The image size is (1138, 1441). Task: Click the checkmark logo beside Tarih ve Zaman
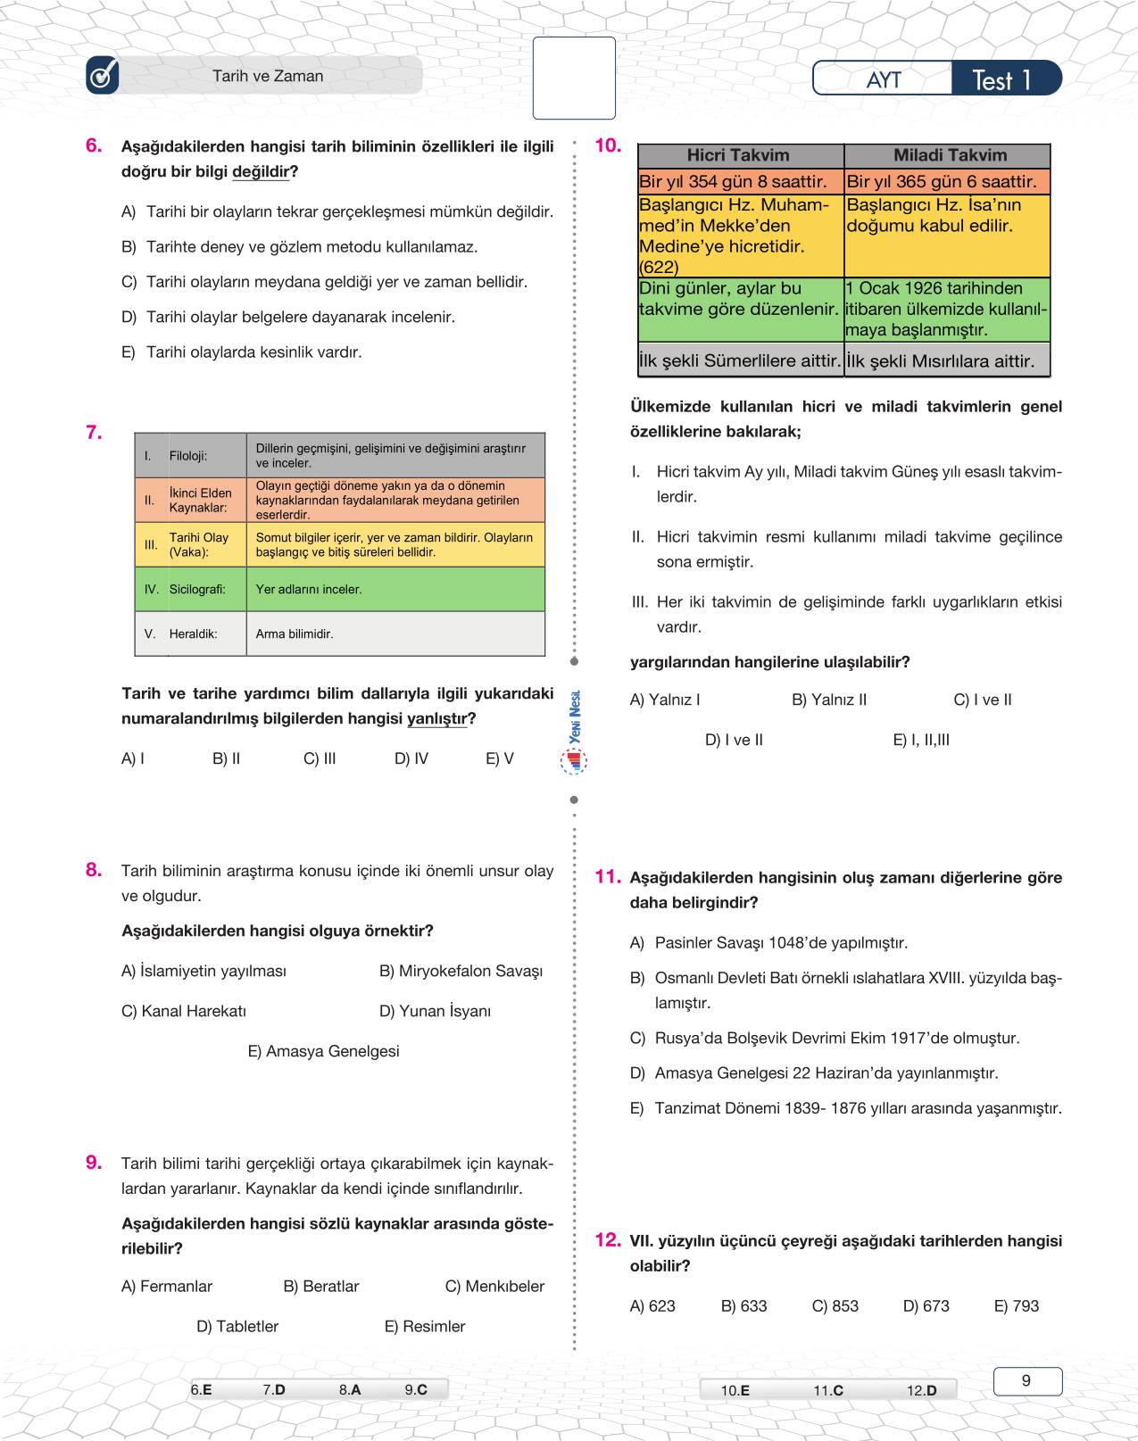pyautogui.click(x=103, y=76)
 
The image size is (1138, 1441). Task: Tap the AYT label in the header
pyautogui.click(x=883, y=79)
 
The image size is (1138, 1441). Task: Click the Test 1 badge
pyautogui.click(x=1002, y=79)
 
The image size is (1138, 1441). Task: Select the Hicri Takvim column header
pyautogui.click(x=738, y=155)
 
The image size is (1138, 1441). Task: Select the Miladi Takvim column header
pyautogui.click(x=950, y=155)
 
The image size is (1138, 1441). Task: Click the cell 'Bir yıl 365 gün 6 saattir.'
pyautogui.click(x=943, y=182)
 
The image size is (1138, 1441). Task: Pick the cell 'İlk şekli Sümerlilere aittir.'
pyautogui.click(x=740, y=361)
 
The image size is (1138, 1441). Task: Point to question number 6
pyautogui.click(x=94, y=145)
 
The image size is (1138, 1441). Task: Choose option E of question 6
pyautogui.click(x=241, y=352)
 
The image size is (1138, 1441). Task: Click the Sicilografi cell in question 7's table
pyautogui.click(x=197, y=589)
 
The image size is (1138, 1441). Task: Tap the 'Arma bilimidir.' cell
pyautogui.click(x=295, y=634)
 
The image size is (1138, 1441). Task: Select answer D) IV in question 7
pyautogui.click(x=411, y=759)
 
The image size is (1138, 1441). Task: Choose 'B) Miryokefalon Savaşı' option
pyautogui.click(x=461, y=971)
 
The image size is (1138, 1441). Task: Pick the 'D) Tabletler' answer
pyautogui.click(x=237, y=1327)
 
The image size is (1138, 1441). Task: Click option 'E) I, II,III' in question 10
pyautogui.click(x=921, y=740)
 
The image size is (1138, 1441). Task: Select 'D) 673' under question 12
pyautogui.click(x=926, y=1306)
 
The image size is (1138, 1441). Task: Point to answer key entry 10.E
pyautogui.click(x=735, y=1390)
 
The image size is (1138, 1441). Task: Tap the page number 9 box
pyautogui.click(x=1026, y=1381)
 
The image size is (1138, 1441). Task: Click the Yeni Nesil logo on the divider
pyautogui.click(x=574, y=732)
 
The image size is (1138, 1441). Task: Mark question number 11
pyautogui.click(x=608, y=877)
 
